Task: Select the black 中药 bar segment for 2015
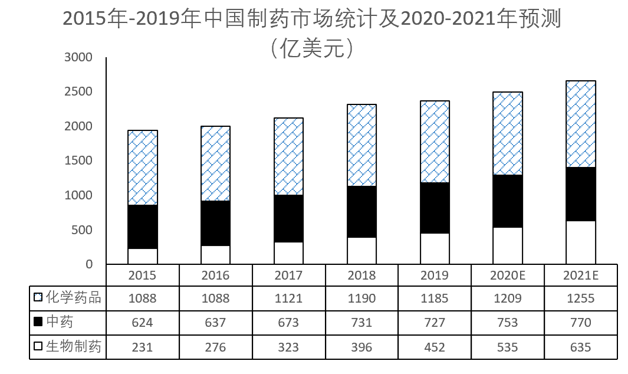143,227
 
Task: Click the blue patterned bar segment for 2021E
581,124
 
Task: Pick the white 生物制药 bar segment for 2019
435,248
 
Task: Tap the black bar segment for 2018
361,212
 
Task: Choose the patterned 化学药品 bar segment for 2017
289,156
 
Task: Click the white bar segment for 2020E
508,245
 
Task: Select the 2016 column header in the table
216,275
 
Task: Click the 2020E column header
508,275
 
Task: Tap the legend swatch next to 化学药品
38,298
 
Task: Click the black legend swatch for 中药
38,323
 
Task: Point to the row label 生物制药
73,347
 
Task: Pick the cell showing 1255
581,298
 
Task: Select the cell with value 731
361,323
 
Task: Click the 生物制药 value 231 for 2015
143,347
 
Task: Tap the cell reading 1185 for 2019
435,298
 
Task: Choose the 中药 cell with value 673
289,323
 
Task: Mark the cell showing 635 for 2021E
581,347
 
